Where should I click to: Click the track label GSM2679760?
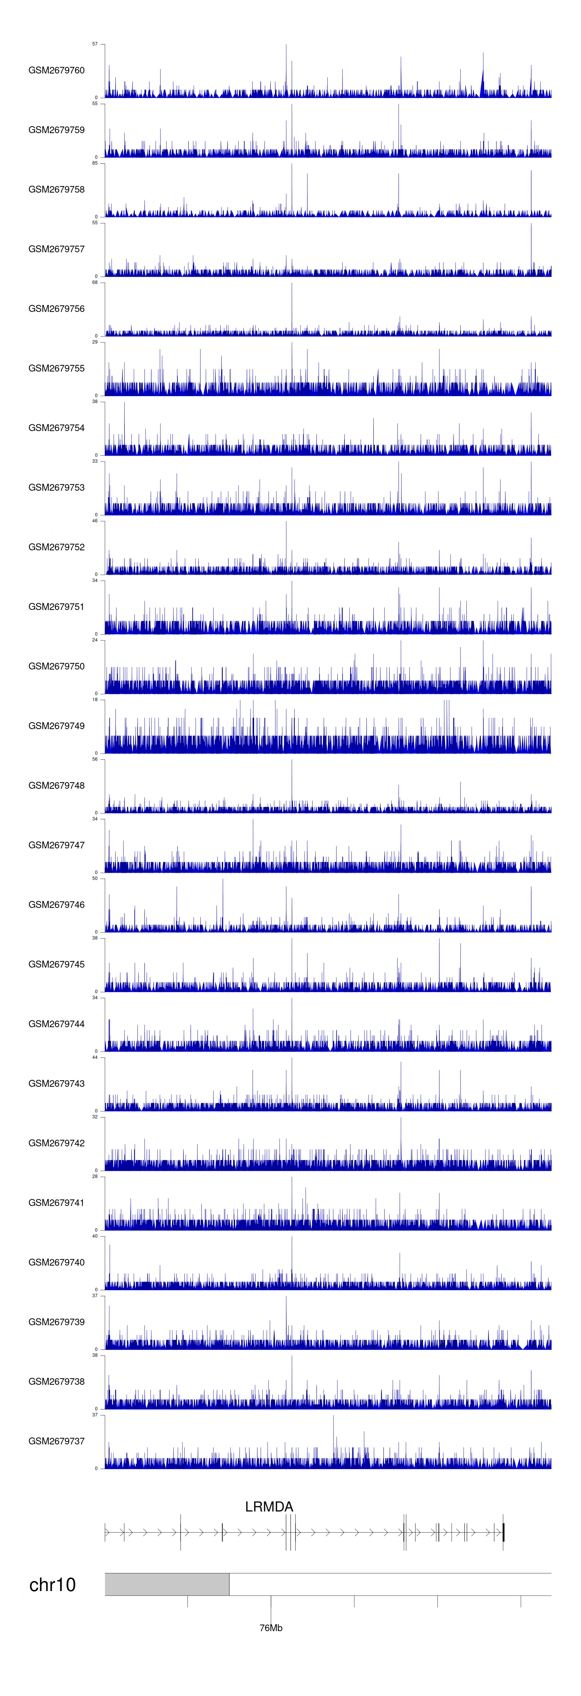pyautogui.click(x=56, y=70)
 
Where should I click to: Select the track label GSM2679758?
pyautogui.click(x=56, y=190)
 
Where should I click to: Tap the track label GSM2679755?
pyautogui.click(x=56, y=368)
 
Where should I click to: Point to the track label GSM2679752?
pyautogui.click(x=56, y=547)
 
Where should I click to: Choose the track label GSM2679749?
pyautogui.click(x=56, y=726)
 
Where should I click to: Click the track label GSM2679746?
pyautogui.click(x=56, y=905)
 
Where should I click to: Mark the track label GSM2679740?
pyautogui.click(x=56, y=1262)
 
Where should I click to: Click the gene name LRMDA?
pyautogui.click(x=269, y=1506)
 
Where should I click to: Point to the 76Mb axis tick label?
pyautogui.click(x=271, y=1627)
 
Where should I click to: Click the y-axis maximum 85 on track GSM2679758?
pyautogui.click(x=95, y=163)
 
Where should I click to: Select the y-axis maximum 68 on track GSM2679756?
pyautogui.click(x=95, y=282)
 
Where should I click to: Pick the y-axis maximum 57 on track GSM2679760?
pyautogui.click(x=95, y=44)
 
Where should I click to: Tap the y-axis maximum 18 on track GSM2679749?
pyautogui.click(x=95, y=700)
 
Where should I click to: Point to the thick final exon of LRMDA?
pyautogui.click(x=503, y=1532)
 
